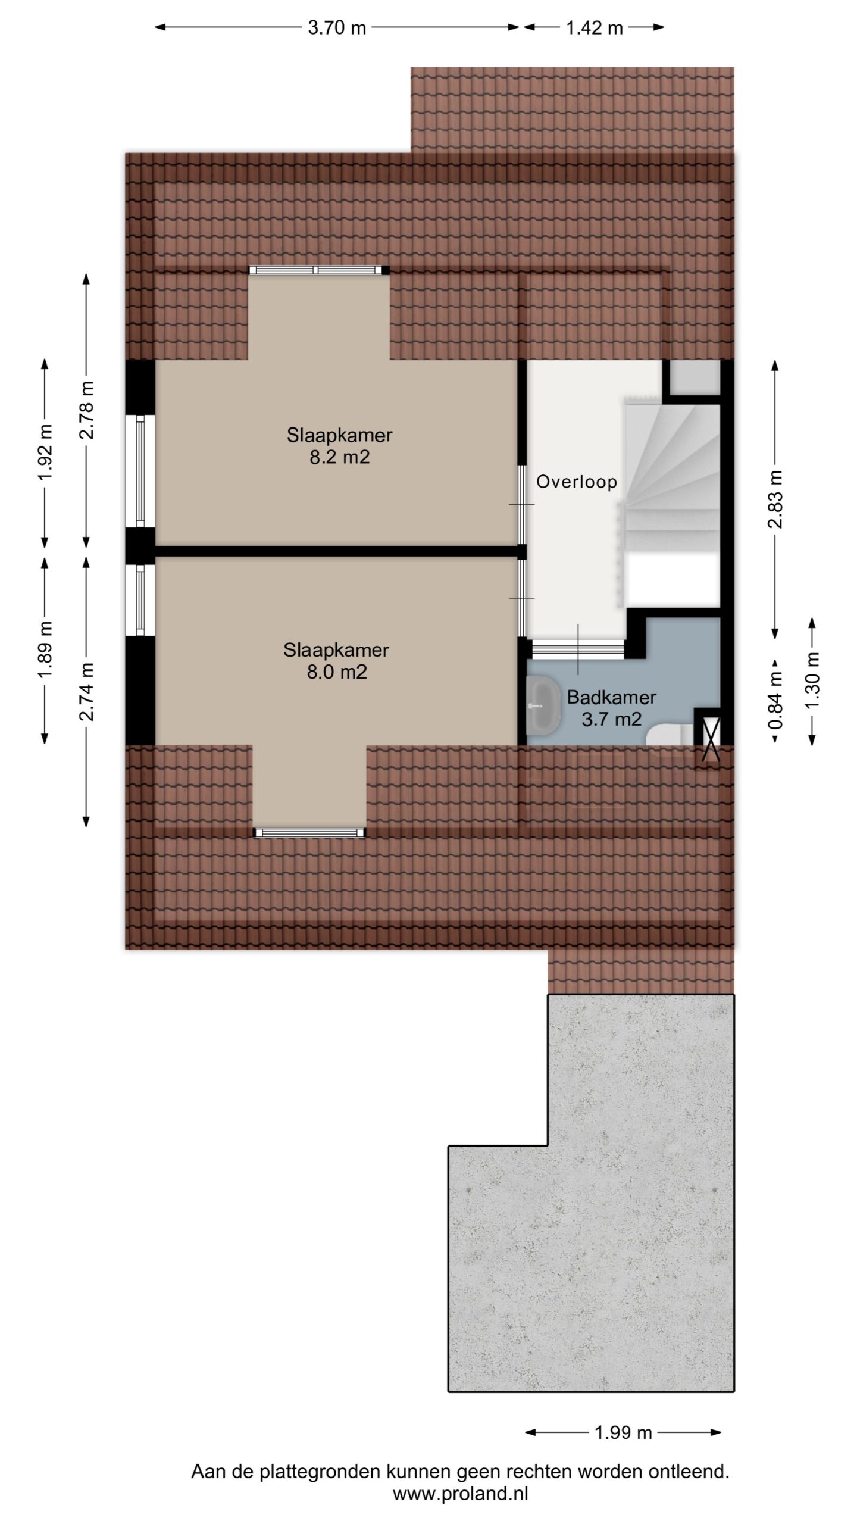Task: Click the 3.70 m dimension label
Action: point(337,27)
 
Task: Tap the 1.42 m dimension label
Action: point(594,27)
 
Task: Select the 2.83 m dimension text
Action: point(775,499)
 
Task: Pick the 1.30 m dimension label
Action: point(812,680)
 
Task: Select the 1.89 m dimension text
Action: point(45,649)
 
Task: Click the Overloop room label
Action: point(576,482)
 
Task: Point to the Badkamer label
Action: point(611,697)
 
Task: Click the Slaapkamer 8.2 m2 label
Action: point(340,446)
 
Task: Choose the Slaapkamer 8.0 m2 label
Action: point(336,661)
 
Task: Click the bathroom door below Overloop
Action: point(577,648)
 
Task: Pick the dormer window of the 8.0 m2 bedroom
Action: point(309,833)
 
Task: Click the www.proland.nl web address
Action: point(461,1494)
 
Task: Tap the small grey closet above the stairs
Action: point(695,377)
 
